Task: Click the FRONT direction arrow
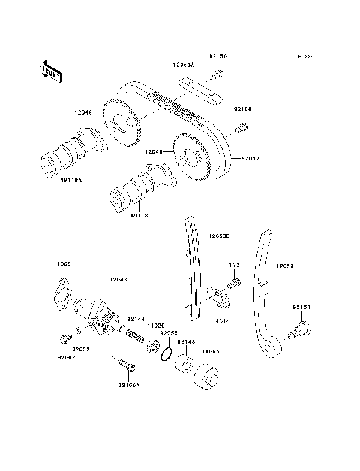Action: coord(49,71)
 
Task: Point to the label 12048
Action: coord(118,280)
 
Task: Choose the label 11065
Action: coord(208,350)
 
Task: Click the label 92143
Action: coord(186,340)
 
